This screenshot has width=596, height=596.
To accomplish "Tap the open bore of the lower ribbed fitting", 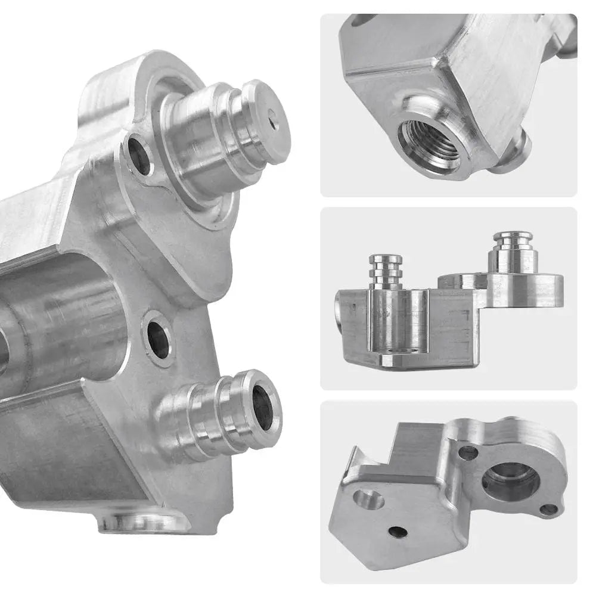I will (x=263, y=408).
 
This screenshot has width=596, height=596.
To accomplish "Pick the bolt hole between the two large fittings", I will (x=159, y=340).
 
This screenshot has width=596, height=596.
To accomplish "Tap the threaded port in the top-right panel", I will (x=429, y=143).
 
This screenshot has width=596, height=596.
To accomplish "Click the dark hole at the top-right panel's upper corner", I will (x=362, y=19).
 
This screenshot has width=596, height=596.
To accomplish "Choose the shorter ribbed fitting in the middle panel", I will (x=386, y=271).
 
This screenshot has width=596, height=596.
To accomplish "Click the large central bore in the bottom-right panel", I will (x=510, y=479).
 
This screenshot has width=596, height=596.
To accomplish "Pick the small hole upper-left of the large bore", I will (x=468, y=454).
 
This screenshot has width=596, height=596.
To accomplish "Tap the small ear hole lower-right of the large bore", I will (x=549, y=510).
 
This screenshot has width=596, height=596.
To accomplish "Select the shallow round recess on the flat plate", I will (x=369, y=498).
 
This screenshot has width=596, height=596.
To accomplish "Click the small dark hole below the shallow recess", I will (x=398, y=532).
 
